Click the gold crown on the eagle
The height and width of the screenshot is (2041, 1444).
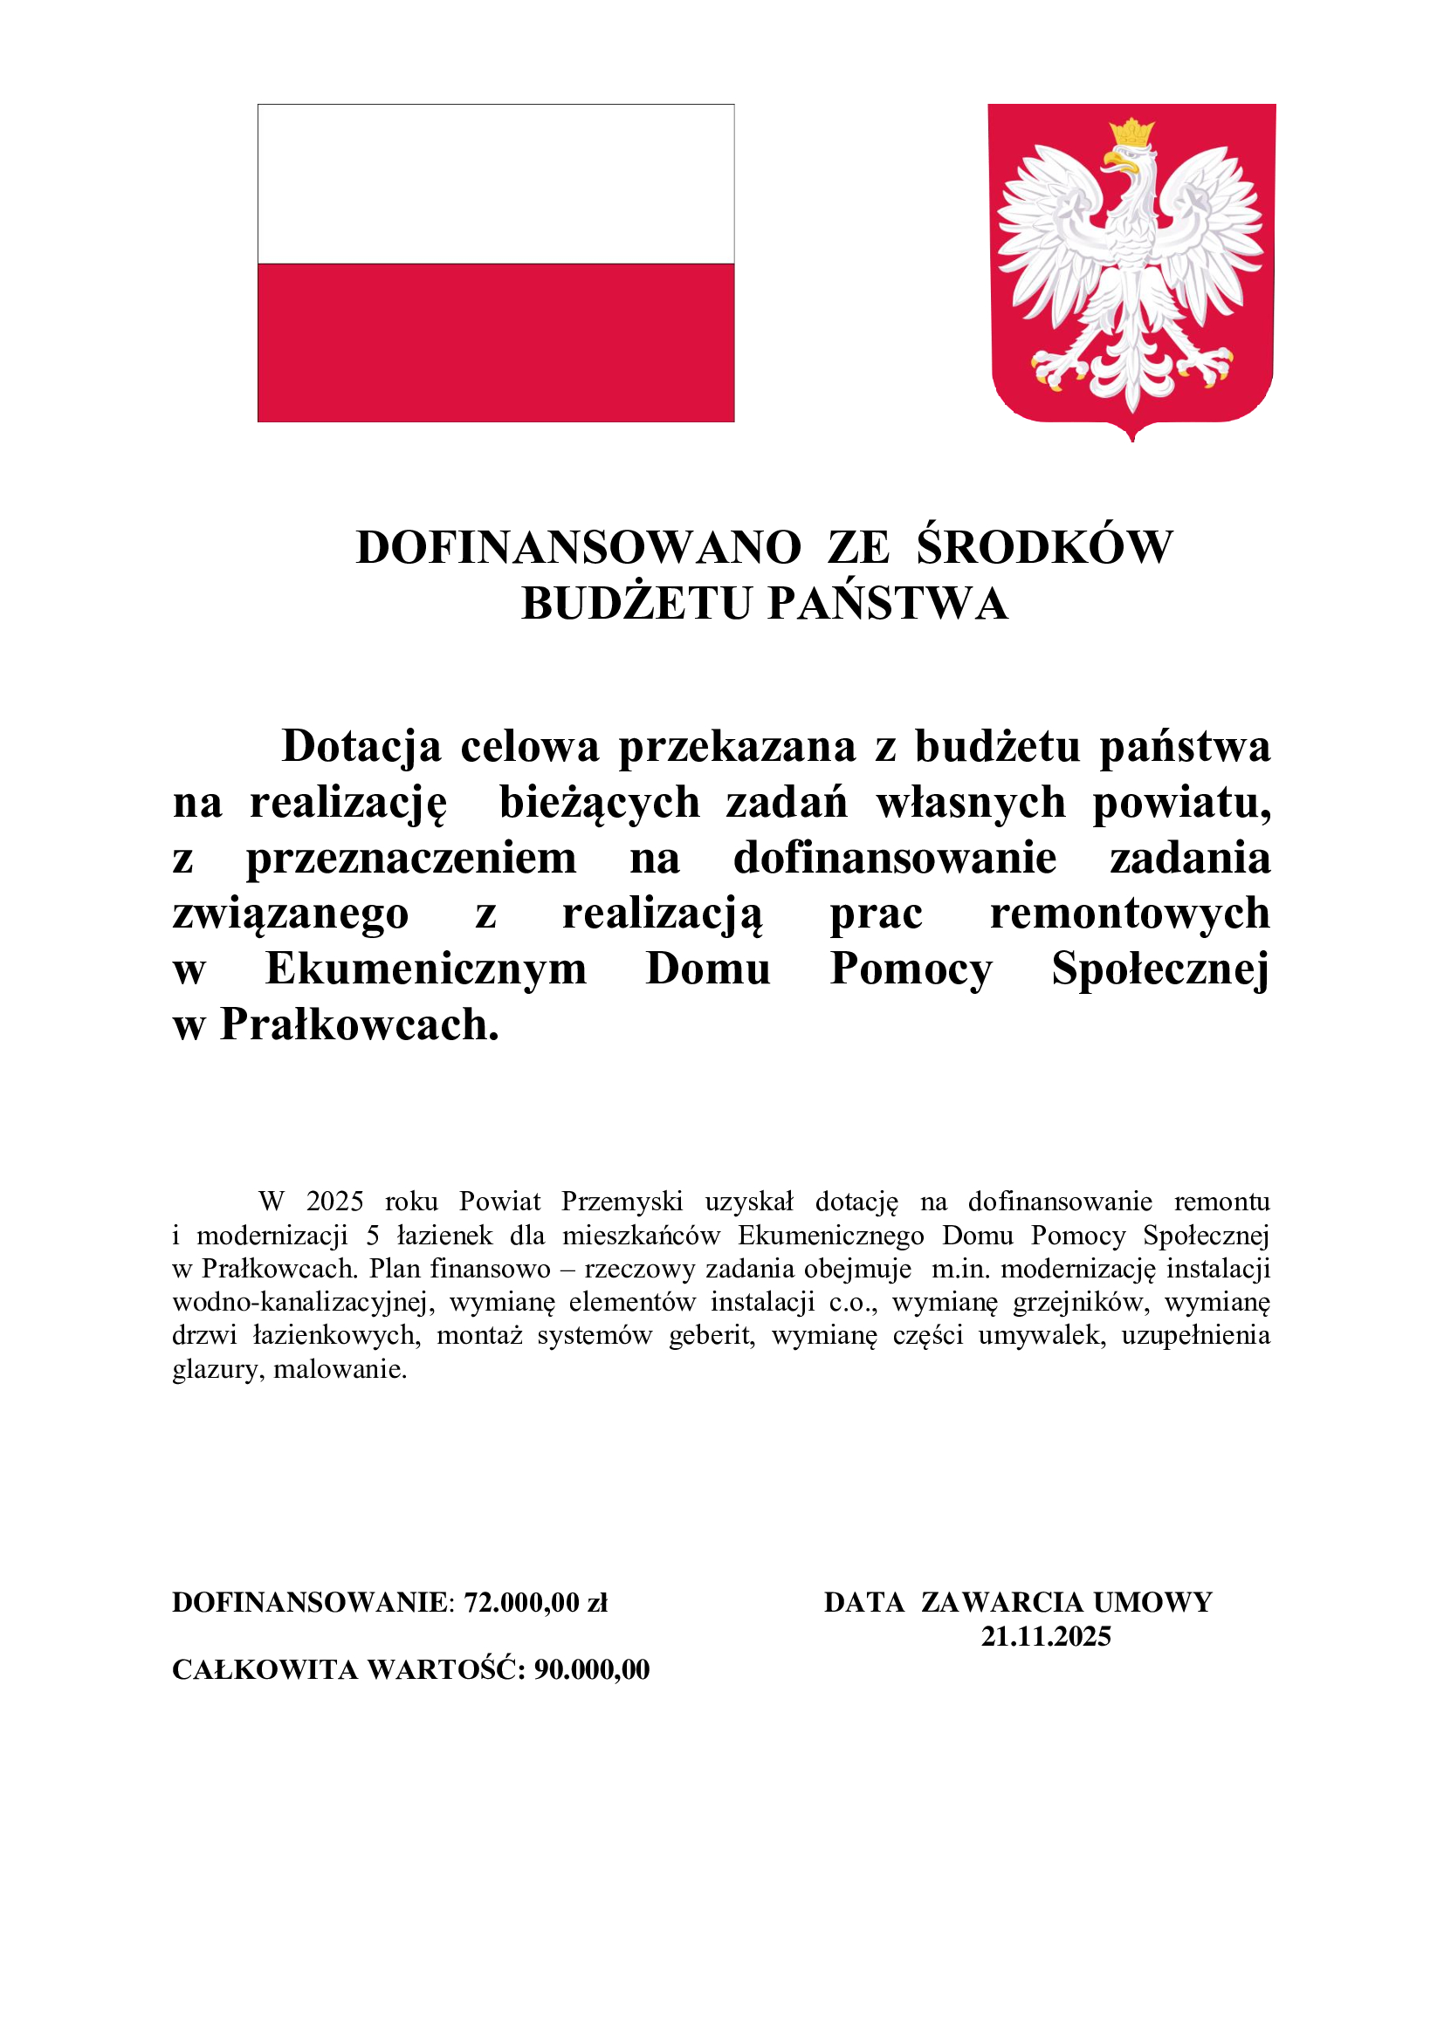[1132, 134]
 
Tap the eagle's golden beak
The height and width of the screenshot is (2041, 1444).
[1117, 161]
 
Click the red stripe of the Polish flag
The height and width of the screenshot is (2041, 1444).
[495, 342]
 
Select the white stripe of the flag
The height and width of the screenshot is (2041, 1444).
[495, 184]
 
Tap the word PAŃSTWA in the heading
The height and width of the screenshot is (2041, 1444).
[888, 605]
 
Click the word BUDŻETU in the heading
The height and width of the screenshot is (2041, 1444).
[636, 605]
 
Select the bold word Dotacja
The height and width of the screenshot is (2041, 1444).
[361, 747]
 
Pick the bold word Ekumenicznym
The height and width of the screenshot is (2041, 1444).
[426, 969]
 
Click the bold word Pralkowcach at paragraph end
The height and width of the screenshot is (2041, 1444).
[359, 1025]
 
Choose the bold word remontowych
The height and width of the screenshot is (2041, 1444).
[1129, 914]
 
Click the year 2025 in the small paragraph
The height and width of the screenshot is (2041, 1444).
[335, 1202]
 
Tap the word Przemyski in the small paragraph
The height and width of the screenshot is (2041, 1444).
[622, 1202]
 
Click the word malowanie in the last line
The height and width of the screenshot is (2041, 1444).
[340, 1370]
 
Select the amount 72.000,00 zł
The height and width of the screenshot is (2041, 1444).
[536, 1602]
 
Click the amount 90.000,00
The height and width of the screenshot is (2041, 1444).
[592, 1669]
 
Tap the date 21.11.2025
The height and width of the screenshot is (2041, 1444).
[1046, 1636]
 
